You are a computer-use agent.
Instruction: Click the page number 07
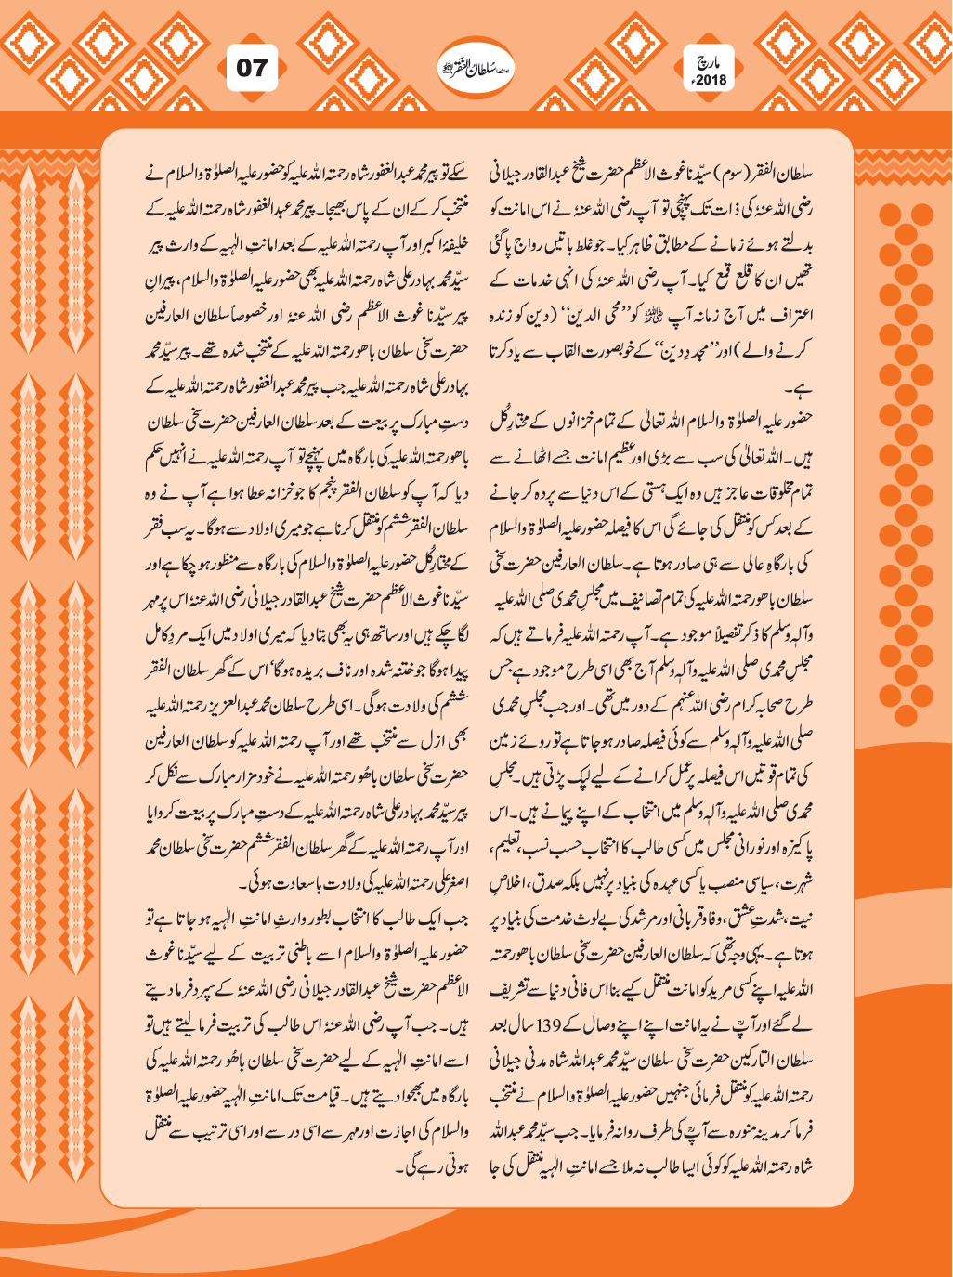click(x=251, y=68)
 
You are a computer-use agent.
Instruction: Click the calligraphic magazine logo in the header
click(x=476, y=69)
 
